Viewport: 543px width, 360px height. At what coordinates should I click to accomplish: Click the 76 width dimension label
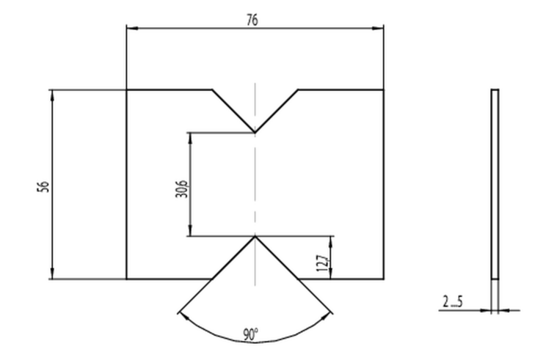point(252,20)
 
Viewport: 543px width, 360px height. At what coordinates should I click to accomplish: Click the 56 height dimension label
point(43,186)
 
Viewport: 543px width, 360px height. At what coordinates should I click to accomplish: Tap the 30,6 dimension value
point(182,188)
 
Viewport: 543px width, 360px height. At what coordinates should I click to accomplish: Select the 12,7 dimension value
point(321,263)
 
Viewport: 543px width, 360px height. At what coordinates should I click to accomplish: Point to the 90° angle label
point(250,334)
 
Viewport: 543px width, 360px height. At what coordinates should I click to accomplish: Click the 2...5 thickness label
point(453,302)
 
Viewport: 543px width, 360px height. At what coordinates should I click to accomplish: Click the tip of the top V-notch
point(255,133)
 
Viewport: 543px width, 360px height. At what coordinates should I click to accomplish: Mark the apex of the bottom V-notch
point(255,236)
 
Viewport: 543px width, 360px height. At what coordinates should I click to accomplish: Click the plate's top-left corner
point(127,90)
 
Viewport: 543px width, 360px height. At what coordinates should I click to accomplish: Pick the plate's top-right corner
point(384,90)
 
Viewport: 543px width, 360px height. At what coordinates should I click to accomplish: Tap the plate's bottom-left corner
point(127,279)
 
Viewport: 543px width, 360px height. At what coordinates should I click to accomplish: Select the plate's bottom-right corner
point(384,279)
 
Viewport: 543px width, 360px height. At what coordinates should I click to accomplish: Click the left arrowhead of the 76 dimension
point(132,28)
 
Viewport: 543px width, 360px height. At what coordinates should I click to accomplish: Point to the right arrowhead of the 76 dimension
point(378,28)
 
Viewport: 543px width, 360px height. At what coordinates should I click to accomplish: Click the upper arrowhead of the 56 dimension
point(52,96)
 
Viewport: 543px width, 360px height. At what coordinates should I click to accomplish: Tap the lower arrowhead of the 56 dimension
point(52,273)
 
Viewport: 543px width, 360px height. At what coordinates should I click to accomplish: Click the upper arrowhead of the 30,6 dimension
point(190,139)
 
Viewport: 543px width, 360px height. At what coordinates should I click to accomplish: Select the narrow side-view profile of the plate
point(495,184)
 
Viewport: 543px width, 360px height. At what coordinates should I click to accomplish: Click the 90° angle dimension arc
point(255,342)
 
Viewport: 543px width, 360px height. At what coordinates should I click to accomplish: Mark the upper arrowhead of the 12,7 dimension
point(331,242)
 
